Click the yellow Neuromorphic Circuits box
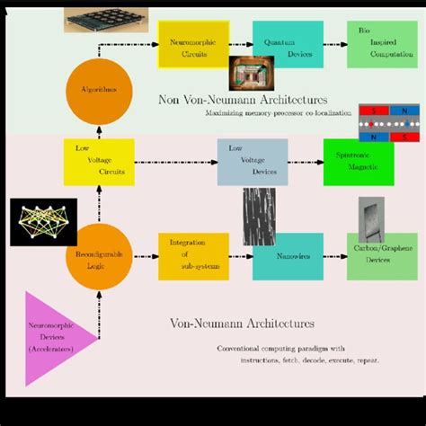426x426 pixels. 192,44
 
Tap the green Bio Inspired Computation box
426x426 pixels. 382,44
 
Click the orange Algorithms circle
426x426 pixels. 98,89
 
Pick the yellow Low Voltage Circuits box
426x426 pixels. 98,162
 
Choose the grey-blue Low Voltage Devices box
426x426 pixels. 253,162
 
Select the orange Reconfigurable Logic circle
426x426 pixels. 98,257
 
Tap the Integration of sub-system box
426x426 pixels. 192,257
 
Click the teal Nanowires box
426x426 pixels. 288,257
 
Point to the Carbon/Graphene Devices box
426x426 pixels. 382,257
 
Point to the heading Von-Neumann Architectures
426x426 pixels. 242,323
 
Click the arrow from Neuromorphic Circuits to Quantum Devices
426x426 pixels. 240,44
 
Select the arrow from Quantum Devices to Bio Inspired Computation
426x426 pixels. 335,44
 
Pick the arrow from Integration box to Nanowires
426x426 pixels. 240,257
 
